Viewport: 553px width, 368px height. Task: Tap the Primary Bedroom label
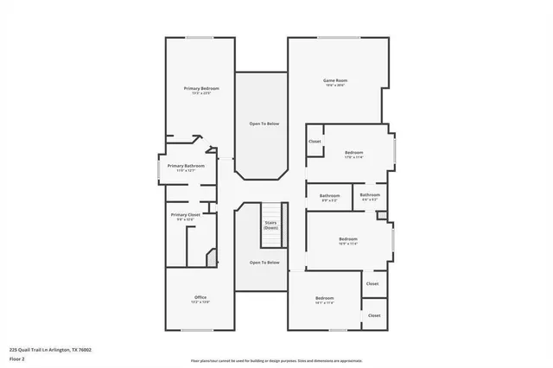coord(201,89)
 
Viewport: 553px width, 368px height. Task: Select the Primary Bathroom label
coord(186,166)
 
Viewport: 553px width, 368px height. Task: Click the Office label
coord(200,298)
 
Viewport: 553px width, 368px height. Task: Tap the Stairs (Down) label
coord(271,225)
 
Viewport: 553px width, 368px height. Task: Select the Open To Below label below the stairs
coord(264,263)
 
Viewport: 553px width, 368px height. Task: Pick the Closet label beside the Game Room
coord(315,141)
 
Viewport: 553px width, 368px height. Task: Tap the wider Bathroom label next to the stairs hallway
coord(329,196)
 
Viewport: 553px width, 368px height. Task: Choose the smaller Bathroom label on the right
coord(370,195)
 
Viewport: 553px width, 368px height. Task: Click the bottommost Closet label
coord(374,315)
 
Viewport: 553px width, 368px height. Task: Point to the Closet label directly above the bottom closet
coord(372,283)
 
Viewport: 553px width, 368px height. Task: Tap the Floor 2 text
coord(17,358)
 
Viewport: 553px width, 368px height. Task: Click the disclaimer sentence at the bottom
coord(276,360)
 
